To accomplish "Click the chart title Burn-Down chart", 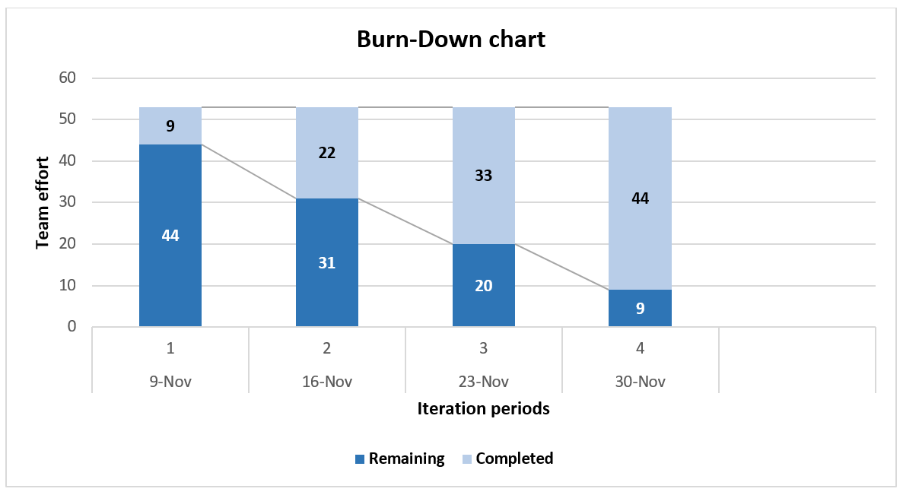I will pos(451,40).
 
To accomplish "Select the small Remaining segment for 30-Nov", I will pos(640,308).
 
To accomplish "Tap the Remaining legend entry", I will pos(399,459).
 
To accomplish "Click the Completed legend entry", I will pos(507,459).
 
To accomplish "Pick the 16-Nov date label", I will pos(327,382).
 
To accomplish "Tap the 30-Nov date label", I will pos(640,382).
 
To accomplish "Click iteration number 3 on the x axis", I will pos(484,349).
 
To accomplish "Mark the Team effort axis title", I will pos(43,202).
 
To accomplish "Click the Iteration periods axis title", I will pos(483,409).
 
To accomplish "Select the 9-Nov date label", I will pos(170,382).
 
